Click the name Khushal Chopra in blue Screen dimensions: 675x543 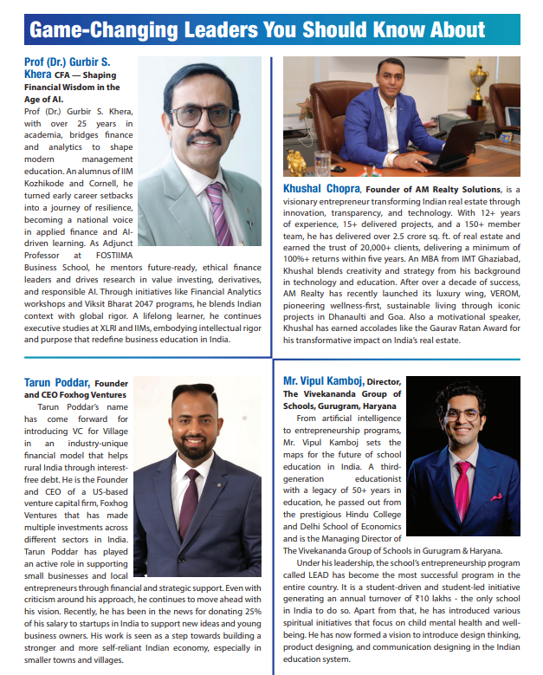[x=322, y=188]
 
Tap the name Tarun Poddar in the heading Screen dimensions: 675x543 [x=56, y=382]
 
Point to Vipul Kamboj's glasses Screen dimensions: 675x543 [x=462, y=415]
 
